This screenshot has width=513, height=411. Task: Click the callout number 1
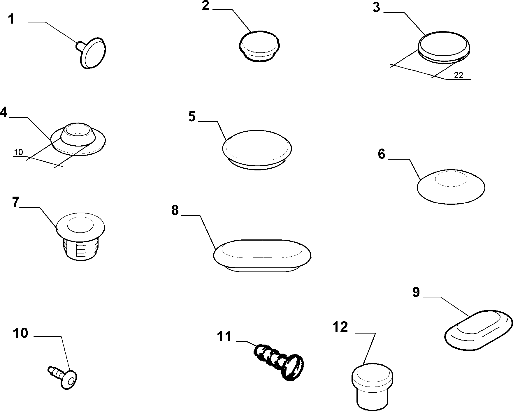[x=11, y=19]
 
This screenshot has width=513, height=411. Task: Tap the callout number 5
[x=192, y=116]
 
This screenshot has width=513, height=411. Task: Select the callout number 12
[x=340, y=327]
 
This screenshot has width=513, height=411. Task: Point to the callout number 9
[x=416, y=292]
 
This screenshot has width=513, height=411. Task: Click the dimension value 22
[x=458, y=75]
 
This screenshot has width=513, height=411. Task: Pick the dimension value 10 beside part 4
[x=18, y=152]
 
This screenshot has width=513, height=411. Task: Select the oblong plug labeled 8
[x=262, y=256]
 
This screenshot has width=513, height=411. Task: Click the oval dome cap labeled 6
[x=451, y=187]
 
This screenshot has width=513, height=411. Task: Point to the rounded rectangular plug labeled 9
[x=479, y=329]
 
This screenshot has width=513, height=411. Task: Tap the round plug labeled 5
[x=257, y=150]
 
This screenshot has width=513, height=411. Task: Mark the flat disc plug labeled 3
[x=444, y=47]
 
